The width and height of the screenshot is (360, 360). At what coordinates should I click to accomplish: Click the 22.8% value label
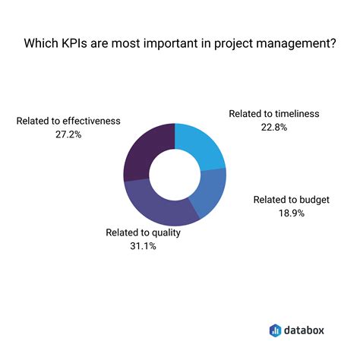(x=274, y=128)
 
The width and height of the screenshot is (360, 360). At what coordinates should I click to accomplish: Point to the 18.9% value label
(x=291, y=214)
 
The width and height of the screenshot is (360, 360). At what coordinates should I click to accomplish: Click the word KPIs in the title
(x=82, y=43)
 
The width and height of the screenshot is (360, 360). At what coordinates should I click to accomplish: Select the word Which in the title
(x=43, y=43)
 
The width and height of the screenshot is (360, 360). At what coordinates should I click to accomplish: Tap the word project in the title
(x=234, y=43)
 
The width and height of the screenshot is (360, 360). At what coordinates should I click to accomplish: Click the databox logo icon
(x=276, y=330)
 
